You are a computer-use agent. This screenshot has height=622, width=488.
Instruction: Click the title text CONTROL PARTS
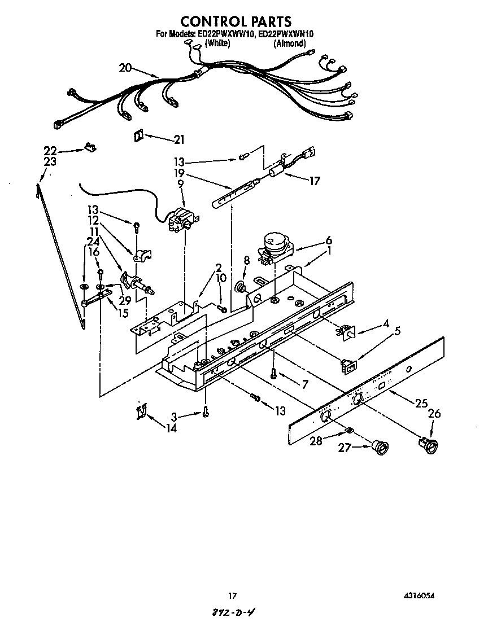click(236, 21)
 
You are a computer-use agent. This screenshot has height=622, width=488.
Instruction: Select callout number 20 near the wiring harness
click(125, 68)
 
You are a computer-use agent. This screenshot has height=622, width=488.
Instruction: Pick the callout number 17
click(314, 181)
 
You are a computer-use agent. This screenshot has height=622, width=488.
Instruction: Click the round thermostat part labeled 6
click(273, 247)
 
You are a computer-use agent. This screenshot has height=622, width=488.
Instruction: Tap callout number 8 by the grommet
click(246, 260)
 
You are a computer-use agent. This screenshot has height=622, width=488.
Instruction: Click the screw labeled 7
click(273, 373)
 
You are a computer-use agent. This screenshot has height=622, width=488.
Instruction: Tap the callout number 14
click(171, 428)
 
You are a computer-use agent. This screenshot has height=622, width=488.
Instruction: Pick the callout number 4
click(386, 323)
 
